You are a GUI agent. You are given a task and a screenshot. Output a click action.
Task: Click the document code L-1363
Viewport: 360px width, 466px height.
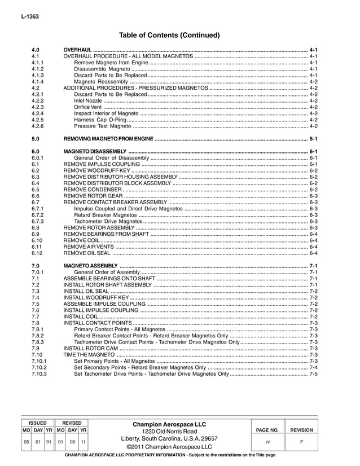28,18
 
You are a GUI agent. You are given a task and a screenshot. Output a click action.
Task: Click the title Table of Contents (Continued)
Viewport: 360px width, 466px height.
169,35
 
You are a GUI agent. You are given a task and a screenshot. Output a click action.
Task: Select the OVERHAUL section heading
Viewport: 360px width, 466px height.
77,50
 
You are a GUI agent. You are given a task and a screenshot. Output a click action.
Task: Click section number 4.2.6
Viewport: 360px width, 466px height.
38,126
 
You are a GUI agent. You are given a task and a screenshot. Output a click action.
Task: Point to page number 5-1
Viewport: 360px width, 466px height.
314,139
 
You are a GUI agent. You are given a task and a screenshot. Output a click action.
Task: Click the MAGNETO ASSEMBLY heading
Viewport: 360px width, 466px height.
90,266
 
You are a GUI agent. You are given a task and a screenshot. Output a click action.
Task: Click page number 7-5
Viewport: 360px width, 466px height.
314,373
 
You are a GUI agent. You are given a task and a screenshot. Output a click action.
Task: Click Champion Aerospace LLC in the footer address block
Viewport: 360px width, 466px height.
169,424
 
